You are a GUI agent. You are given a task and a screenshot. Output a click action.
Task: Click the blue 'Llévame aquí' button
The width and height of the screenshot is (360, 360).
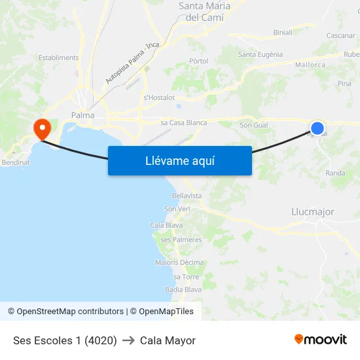click(x=179, y=160)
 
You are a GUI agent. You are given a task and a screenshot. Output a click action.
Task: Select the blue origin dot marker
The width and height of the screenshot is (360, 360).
click(x=317, y=128)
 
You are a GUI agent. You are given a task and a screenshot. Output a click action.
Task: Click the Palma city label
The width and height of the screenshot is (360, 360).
click(x=82, y=115)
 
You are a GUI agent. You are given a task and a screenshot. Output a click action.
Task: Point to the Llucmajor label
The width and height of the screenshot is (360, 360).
click(x=312, y=212)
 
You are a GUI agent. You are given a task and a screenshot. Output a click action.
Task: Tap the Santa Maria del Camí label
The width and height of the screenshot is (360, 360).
click(x=204, y=12)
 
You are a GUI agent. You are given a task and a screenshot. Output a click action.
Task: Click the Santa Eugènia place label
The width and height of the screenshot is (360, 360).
click(x=261, y=54)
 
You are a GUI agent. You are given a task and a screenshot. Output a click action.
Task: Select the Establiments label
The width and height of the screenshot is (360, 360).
click(x=58, y=58)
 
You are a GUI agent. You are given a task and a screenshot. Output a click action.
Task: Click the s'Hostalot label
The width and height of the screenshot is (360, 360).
click(x=159, y=98)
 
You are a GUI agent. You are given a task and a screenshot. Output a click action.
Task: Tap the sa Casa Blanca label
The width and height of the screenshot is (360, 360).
click(x=183, y=122)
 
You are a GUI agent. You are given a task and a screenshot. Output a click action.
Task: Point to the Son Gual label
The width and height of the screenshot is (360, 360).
click(x=255, y=125)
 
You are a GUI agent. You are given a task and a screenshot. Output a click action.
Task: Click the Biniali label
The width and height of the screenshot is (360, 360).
click(x=283, y=32)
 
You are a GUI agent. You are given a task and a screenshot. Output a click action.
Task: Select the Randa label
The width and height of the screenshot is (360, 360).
click(x=335, y=173)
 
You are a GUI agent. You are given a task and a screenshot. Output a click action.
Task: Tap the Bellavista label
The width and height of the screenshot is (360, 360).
click(x=187, y=196)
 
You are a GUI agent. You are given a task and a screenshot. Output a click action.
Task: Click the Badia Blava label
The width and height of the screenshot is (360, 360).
click(x=183, y=289)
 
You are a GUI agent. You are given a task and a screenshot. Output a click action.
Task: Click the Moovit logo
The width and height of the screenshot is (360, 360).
click(x=320, y=339)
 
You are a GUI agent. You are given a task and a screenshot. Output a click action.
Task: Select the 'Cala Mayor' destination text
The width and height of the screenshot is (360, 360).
click(x=168, y=340)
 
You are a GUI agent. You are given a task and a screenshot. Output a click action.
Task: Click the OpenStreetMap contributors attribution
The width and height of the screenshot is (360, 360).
click(x=65, y=312)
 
